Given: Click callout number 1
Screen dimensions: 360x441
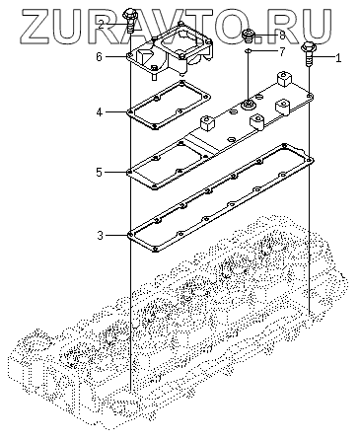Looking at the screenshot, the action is [x=338, y=58].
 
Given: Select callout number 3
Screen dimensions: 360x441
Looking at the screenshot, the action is [x=100, y=236].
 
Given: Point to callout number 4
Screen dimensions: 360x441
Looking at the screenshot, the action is [x=100, y=112].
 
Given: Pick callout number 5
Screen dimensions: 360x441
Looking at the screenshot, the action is [x=100, y=173].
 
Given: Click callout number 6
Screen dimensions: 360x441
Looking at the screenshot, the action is [x=100, y=57].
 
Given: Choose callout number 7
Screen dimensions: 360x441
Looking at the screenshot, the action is [x=281, y=51].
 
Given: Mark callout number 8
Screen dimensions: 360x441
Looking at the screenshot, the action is [x=282, y=36].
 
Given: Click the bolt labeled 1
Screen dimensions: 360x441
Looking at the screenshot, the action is [x=309, y=53].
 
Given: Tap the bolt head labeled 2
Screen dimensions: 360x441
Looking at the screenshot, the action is [x=129, y=15].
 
